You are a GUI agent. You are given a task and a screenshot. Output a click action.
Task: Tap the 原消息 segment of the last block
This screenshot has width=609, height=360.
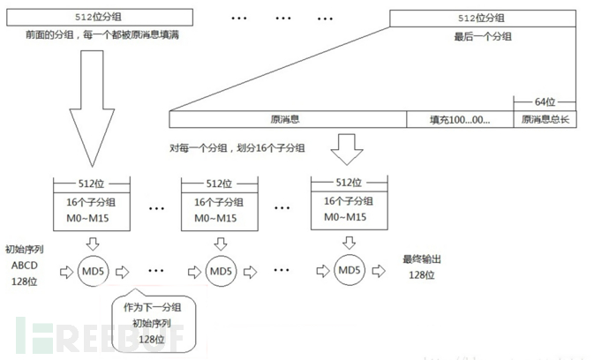(x=287, y=118)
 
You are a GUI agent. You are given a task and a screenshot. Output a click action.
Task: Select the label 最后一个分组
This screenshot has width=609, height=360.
(x=483, y=36)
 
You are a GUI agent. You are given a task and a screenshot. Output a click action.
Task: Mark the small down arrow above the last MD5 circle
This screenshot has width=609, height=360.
(x=347, y=239)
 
